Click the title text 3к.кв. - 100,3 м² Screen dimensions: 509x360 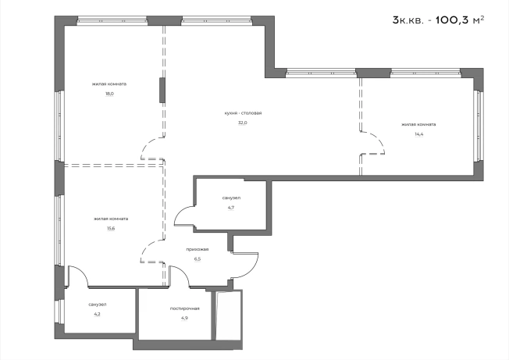click(438, 20)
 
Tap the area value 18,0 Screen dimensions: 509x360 click(109, 94)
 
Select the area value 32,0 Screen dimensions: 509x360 click(243, 123)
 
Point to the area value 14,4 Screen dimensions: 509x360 click(418, 134)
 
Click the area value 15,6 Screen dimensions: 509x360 click(111, 228)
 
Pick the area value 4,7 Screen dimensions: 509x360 click(231, 208)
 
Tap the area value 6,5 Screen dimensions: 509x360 click(198, 259)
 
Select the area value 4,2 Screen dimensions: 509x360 click(97, 314)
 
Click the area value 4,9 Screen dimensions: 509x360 click(184, 318)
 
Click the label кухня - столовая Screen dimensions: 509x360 click(243, 113)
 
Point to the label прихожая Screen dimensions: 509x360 click(198, 250)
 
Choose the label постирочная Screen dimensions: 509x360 click(185, 308)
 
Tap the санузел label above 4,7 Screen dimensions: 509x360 click(231, 198)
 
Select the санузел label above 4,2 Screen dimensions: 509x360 click(98, 305)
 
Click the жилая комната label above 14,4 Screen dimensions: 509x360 click(418, 124)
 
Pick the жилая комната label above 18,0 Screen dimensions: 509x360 click(109, 84)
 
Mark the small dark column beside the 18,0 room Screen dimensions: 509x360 click(162, 91)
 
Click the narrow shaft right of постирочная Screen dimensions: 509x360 click(229, 315)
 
